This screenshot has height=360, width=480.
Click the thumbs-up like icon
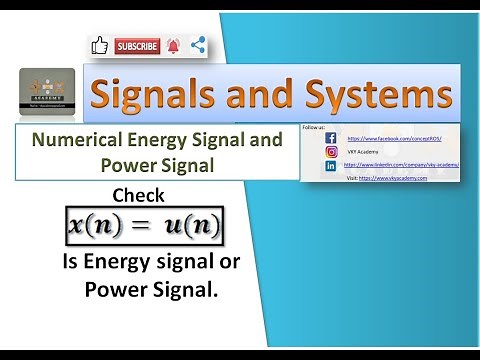tap(99, 45)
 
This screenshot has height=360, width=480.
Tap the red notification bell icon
tap(174, 45)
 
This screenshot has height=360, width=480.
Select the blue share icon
tap(197, 45)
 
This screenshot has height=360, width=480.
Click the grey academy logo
tap(47, 94)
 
